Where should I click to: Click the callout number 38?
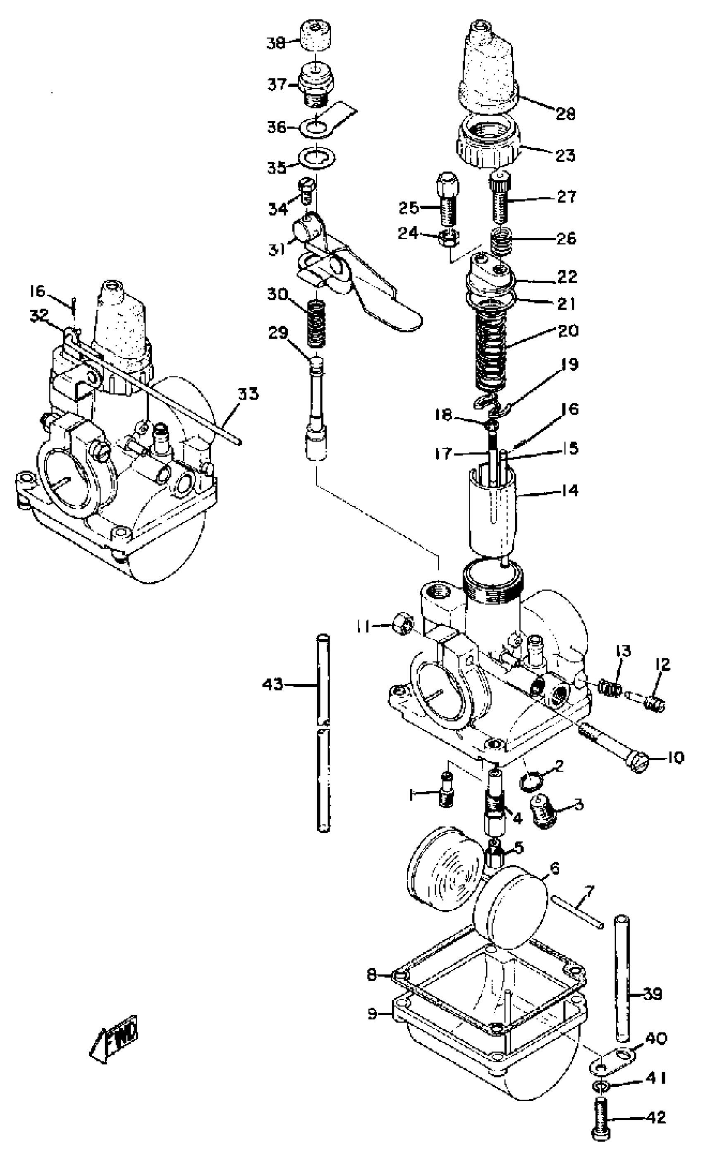click(x=276, y=43)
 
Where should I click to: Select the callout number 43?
click(x=273, y=683)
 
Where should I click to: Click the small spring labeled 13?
click(x=609, y=688)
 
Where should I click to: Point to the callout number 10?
click(x=675, y=758)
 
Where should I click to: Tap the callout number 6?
click(x=555, y=867)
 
